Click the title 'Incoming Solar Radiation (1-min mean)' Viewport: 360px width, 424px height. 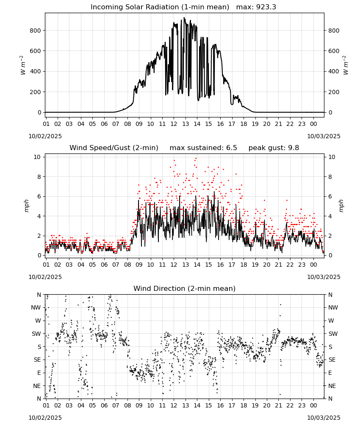[160, 7]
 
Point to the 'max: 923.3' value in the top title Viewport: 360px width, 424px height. [256, 7]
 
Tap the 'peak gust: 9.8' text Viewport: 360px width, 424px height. [274, 148]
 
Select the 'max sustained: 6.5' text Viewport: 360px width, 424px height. [203, 148]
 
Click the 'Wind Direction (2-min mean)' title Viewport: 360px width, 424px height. [185, 288]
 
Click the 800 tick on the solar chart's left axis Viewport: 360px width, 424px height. [35, 31]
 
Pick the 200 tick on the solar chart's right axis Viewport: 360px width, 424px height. [334, 92]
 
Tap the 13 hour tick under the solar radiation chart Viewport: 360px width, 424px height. [186, 124]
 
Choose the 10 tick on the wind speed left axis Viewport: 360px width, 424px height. [37, 157]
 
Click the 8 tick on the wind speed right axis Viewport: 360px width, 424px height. [330, 177]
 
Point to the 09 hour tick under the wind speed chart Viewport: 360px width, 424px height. [139, 265]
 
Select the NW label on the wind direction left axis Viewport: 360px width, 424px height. [36, 308]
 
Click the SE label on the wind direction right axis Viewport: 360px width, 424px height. [332, 360]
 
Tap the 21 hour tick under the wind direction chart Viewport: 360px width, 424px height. [278, 405]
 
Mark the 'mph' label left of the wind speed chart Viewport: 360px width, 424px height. [26, 206]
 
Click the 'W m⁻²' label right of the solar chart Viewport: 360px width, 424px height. [346, 65]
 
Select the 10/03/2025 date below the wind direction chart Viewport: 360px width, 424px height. [324, 418]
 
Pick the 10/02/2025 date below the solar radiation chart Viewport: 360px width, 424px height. [45, 136]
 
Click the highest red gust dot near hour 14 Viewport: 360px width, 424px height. [196, 158]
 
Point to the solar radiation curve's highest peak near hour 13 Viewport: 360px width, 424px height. [184, 18]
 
